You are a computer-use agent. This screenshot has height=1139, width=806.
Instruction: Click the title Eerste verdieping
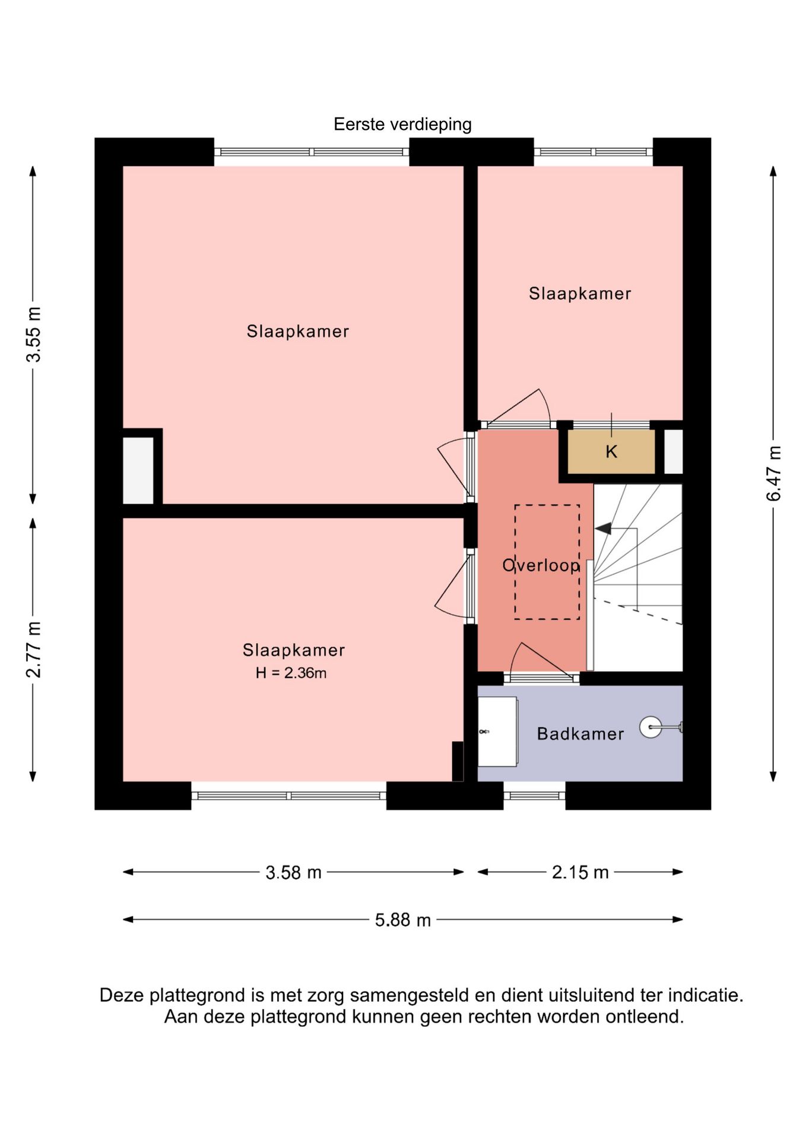(402, 125)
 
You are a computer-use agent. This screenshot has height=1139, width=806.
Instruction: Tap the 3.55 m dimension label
(34, 335)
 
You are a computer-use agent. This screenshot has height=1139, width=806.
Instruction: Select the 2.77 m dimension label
(34, 650)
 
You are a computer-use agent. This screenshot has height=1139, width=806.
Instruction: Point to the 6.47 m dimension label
(774, 473)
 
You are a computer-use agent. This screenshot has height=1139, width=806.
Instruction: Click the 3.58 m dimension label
(293, 873)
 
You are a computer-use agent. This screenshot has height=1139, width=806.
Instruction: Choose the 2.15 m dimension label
(580, 872)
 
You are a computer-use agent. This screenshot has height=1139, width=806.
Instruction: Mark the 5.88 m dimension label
(402, 920)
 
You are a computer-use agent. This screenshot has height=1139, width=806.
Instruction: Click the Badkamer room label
(580, 734)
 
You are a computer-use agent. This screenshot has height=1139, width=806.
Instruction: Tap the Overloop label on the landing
(541, 565)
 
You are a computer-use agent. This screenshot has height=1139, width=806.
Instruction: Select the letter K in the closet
(611, 452)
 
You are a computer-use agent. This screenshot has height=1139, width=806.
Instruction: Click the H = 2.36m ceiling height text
(291, 673)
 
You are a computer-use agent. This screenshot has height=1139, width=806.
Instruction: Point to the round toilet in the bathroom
(651, 727)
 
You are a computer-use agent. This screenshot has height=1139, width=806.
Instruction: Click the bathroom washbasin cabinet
(497, 731)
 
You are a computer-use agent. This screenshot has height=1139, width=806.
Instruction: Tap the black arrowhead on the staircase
(603, 528)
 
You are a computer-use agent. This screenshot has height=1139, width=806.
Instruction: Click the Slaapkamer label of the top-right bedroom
(580, 294)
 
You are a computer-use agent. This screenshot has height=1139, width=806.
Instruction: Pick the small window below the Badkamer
(534, 796)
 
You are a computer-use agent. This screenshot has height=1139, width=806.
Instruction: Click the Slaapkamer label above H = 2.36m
(293, 650)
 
